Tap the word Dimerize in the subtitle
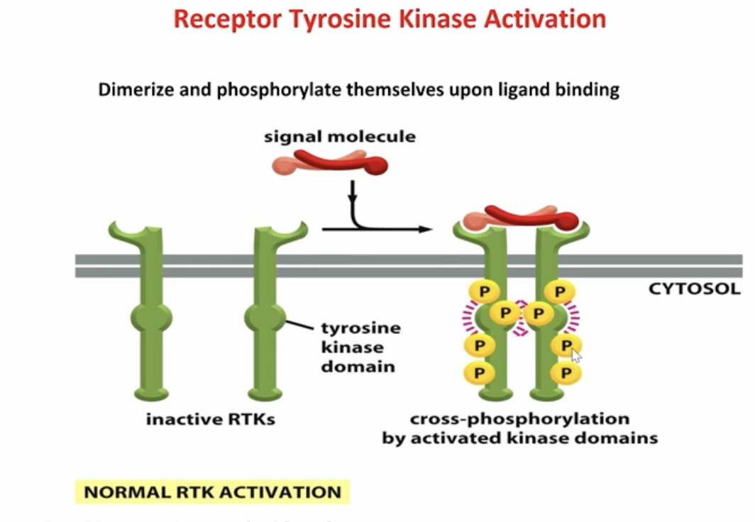tap(132, 91)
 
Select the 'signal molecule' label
tap(340, 136)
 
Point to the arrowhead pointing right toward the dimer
tap(425, 229)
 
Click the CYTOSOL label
tap(694, 289)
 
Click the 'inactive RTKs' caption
tap(210, 419)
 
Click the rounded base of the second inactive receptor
tap(264, 393)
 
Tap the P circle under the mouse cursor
tap(566, 345)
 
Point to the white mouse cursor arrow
tap(575, 355)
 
